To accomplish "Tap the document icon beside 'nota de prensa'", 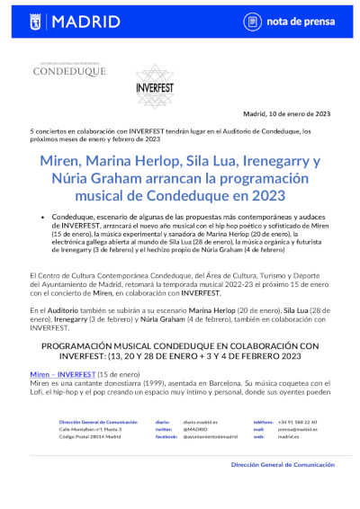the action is coord(252,20).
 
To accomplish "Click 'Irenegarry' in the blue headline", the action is coord(266,162).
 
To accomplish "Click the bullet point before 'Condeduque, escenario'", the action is coord(43,218).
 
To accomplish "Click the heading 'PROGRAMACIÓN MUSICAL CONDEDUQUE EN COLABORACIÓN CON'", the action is coord(180,344).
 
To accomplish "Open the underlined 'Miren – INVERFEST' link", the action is coord(63,372).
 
